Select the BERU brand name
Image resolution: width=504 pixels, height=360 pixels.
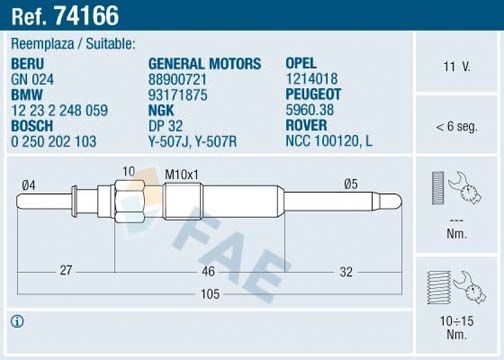click(28, 62)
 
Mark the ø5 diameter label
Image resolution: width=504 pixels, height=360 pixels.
click(349, 184)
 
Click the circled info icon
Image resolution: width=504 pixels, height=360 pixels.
click(17, 321)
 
